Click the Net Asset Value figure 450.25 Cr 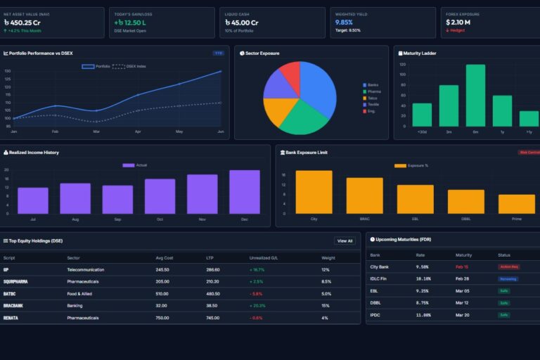(x=25, y=22)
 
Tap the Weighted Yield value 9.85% (x=344, y=22)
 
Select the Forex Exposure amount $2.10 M (x=458, y=22)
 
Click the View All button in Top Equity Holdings (x=345, y=240)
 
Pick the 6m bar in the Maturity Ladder (x=475, y=96)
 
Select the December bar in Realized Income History (x=245, y=192)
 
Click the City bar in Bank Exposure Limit (x=314, y=192)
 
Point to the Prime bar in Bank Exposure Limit (x=517, y=204)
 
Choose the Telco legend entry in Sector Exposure (x=373, y=98)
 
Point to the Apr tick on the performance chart (x=138, y=131)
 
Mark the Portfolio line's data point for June (x=221, y=71)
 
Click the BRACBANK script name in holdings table (x=14, y=306)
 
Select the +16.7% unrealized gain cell (x=257, y=269)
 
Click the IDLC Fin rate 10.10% (x=422, y=279)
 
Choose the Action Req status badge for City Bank (x=508, y=267)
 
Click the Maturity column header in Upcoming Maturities (x=463, y=255)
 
